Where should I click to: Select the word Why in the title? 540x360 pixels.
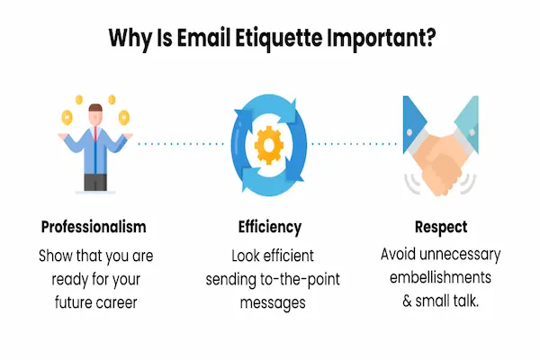pyautogui.click(x=130, y=39)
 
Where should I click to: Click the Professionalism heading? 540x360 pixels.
pyautogui.click(x=94, y=226)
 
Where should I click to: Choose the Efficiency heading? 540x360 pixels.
pyautogui.click(x=270, y=226)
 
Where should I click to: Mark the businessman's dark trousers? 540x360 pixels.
pyautogui.click(x=94, y=181)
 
